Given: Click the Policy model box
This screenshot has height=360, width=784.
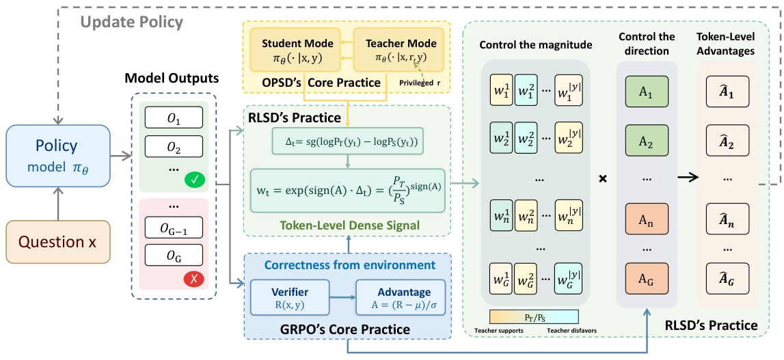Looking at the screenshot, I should click(x=59, y=156).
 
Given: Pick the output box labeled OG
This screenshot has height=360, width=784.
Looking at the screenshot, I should click(x=174, y=255).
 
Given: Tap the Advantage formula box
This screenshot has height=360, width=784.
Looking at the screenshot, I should click(x=400, y=297).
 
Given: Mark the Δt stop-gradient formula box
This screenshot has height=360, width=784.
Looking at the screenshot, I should click(x=348, y=142).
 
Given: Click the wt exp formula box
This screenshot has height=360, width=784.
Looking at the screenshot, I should click(x=348, y=189).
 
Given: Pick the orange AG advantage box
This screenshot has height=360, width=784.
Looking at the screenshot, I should click(x=646, y=279).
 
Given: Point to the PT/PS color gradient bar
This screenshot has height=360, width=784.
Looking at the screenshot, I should click(x=534, y=316).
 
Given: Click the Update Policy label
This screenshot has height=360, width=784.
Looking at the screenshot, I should click(x=131, y=22).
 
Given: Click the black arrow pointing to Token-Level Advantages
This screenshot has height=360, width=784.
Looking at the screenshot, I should click(x=688, y=178).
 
